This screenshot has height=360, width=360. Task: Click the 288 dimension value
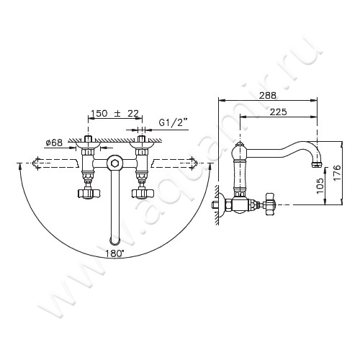[x=268, y=95]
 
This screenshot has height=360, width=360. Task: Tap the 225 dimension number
[x=279, y=112]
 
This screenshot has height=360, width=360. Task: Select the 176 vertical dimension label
[x=337, y=173]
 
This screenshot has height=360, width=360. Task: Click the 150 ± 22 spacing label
[x=115, y=113]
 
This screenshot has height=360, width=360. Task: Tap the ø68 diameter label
[x=54, y=143]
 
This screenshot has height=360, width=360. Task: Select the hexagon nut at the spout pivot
[x=115, y=163]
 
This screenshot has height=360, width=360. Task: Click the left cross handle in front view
[x=89, y=193]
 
